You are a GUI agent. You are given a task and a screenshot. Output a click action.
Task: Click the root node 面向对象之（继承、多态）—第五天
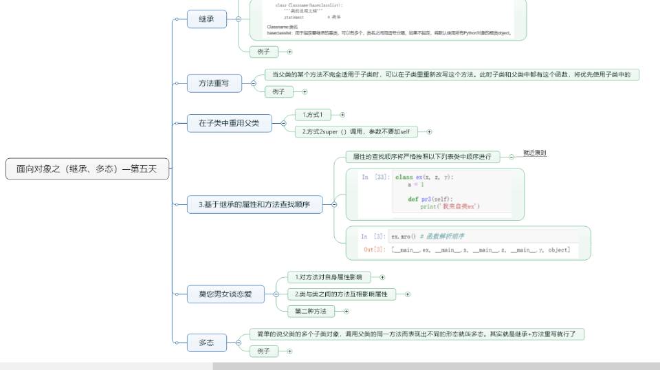(x=87, y=169)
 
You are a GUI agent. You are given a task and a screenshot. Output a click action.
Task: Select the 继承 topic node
(x=206, y=19)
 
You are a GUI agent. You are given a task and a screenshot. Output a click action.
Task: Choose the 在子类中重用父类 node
(x=229, y=124)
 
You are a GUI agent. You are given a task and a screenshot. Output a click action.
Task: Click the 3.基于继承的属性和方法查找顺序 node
(x=254, y=204)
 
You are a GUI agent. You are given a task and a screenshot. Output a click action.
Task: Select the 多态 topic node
(x=206, y=342)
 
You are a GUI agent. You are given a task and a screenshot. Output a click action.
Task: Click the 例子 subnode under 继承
(x=263, y=52)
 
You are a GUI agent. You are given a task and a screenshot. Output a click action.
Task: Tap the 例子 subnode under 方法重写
(x=278, y=91)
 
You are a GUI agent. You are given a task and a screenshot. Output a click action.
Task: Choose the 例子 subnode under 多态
(x=263, y=351)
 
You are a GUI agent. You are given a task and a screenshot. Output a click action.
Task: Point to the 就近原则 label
(x=534, y=153)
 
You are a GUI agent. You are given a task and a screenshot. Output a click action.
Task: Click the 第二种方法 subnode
(x=310, y=312)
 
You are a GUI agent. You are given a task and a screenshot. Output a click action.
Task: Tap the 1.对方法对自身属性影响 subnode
(x=327, y=277)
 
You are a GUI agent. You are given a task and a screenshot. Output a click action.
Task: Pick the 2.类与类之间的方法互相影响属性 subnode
(x=341, y=294)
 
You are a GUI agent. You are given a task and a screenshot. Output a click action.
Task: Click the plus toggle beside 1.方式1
(x=342, y=115)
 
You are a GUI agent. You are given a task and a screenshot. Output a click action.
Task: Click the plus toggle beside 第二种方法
(x=346, y=312)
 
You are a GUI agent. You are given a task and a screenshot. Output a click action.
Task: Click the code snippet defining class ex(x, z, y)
(x=436, y=193)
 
